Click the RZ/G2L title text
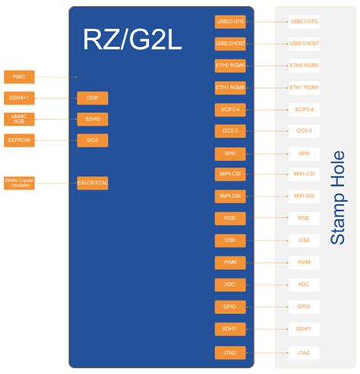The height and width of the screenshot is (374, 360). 134,40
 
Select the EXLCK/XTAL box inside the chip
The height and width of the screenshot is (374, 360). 93,183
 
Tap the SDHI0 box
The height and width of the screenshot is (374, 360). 93,119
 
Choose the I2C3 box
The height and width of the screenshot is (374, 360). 93,140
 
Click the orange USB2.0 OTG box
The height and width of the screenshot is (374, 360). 230,22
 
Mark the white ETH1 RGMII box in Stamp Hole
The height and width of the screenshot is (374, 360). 304,88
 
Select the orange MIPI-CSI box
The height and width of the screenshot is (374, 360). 230,175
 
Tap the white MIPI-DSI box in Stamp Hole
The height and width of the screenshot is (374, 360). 304,197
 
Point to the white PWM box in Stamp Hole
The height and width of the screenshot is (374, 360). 304,262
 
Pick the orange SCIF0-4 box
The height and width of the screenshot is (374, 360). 230,110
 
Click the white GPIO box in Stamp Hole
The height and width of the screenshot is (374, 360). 304,307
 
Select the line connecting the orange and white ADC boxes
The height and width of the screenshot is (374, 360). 266,285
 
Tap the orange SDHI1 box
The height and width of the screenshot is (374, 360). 230,329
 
